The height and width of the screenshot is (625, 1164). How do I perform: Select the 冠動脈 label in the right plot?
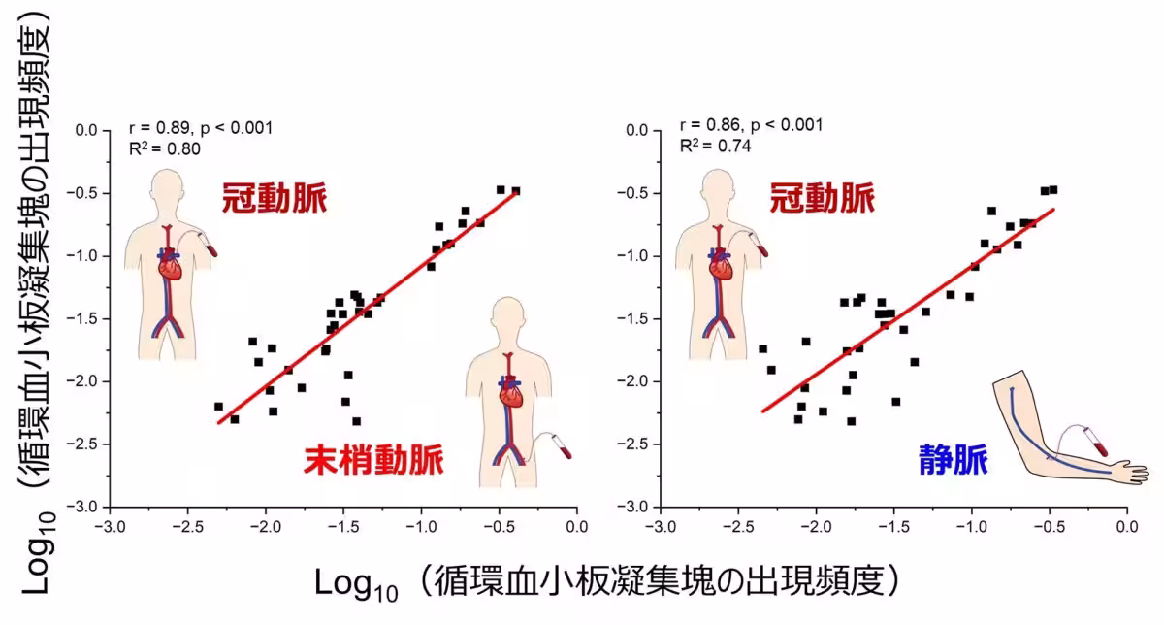822,199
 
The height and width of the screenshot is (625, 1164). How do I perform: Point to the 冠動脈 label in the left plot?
275,199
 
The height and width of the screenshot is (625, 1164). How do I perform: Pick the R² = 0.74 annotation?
714,146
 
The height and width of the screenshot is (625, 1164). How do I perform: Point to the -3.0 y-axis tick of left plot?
88,507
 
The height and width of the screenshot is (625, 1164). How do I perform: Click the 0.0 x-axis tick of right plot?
1126,527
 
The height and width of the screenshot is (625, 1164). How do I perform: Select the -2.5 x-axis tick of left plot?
188,527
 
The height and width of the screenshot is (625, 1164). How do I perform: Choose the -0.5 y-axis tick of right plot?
637,193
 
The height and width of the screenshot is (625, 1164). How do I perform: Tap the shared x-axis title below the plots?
611,582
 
